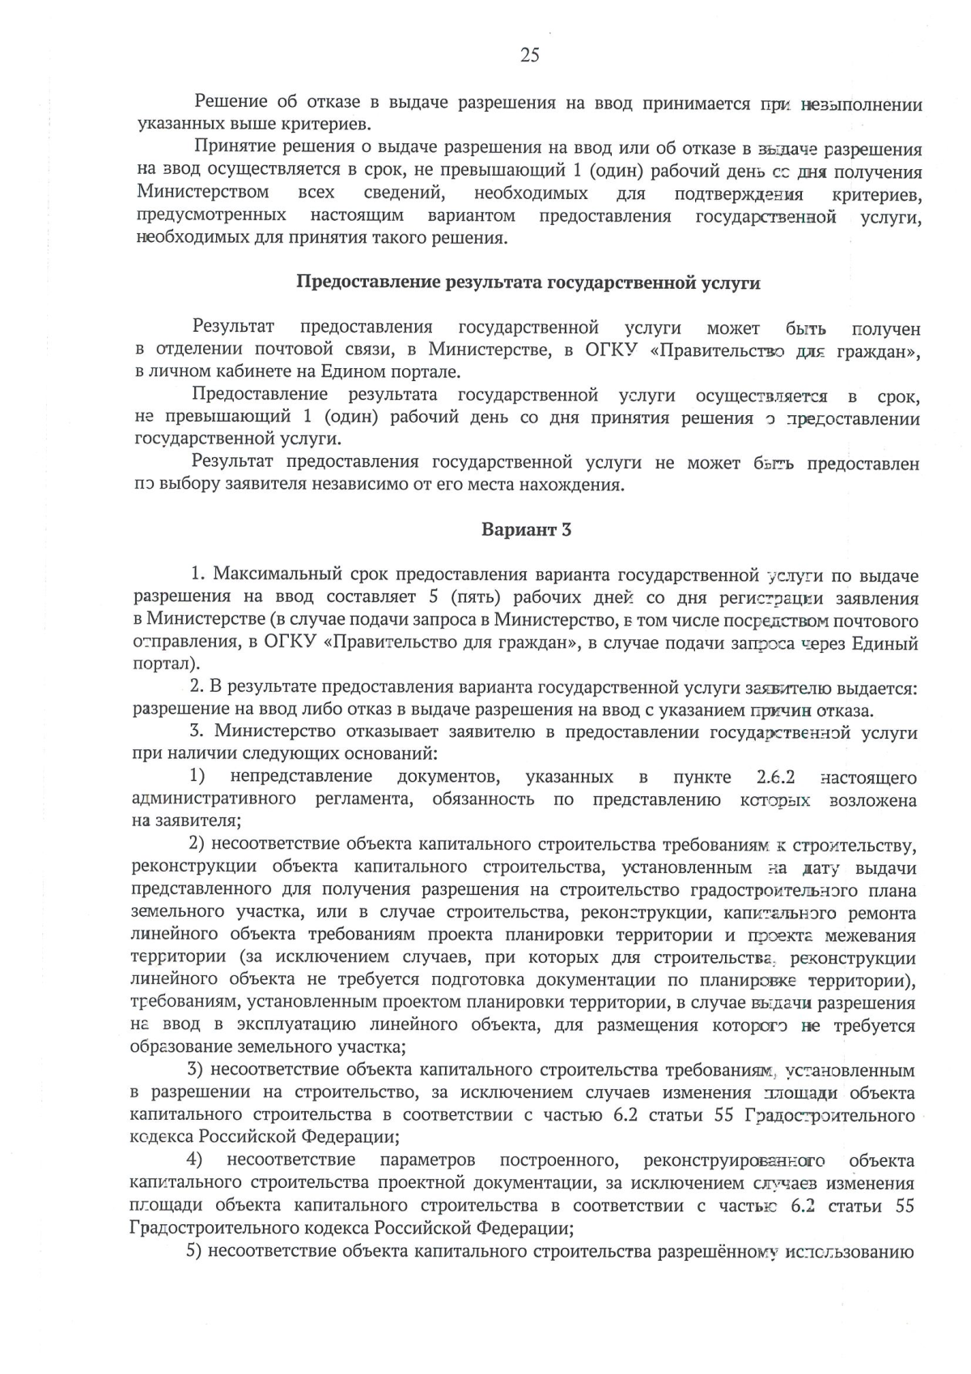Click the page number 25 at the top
pos(529,55)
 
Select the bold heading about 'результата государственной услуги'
pos(528,282)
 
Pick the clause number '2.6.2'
pos(776,778)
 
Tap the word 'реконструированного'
pos(734,1161)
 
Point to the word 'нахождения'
pos(578,486)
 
